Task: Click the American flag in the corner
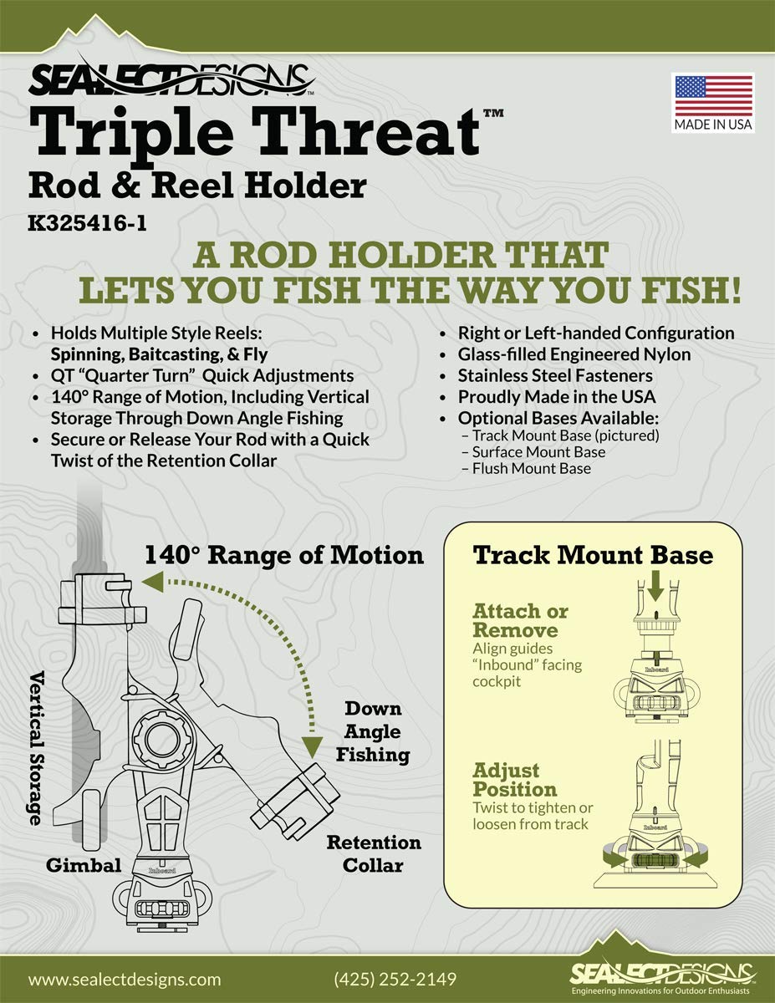714,96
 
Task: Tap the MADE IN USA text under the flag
713,125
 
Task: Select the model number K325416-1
87,223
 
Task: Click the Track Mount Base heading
593,555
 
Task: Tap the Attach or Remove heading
520,620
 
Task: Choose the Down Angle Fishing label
373,731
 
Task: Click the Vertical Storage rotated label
37,748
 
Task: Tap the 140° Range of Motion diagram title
284,555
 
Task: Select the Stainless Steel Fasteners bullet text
555,375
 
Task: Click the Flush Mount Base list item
531,468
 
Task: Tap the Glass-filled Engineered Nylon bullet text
574,354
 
